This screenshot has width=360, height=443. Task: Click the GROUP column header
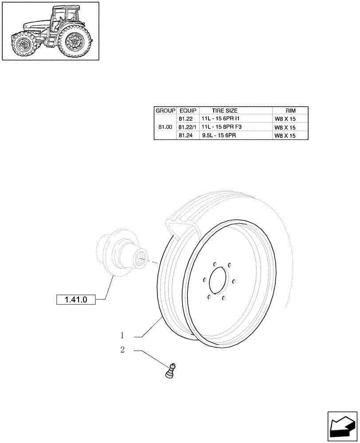[165, 110]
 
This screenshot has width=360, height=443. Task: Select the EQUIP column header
[188, 110]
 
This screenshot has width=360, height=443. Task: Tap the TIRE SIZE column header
[225, 110]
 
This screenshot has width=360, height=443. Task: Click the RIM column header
[290, 110]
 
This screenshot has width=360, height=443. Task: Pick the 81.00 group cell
[165, 127]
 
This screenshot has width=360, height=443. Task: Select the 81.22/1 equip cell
[188, 127]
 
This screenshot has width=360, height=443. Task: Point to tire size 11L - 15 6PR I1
[219, 119]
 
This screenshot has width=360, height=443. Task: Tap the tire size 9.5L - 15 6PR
[218, 136]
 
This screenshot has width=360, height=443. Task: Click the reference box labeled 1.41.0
[76, 300]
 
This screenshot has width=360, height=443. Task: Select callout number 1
[123, 334]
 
